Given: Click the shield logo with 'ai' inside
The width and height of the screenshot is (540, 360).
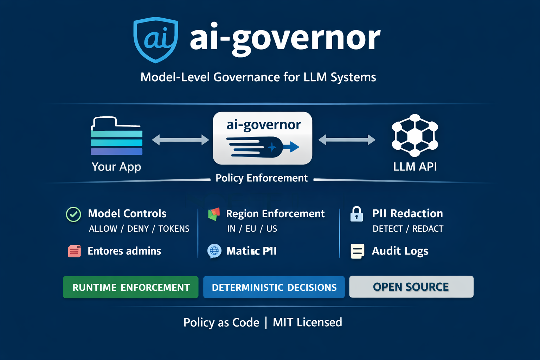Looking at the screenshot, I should click(156, 39).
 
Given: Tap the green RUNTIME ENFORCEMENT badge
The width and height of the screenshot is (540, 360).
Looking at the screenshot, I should click(131, 287).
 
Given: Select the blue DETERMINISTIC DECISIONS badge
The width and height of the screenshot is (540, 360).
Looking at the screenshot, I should click(274, 287).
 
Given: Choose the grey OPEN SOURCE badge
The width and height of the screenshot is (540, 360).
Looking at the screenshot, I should click(411, 287).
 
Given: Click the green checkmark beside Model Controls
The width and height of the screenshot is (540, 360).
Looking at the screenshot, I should click(73, 214).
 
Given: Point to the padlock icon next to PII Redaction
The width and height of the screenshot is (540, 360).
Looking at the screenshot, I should click(356, 214).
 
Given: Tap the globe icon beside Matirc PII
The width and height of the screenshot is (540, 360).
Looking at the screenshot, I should click(214, 251).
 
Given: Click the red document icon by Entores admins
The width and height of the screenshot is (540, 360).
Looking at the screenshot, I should click(75, 251).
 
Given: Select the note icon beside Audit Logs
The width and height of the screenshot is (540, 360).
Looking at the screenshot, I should click(357, 251).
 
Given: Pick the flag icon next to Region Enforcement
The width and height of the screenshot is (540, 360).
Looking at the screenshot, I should click(214, 214).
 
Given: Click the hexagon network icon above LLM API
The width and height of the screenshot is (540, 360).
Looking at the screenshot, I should click(415, 135).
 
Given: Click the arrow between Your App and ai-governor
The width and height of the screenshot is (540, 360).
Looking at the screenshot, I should click(180, 140).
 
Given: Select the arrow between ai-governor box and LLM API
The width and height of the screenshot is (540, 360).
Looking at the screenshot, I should click(347, 140).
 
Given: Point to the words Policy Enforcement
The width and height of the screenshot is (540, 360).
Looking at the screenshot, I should click(262, 178).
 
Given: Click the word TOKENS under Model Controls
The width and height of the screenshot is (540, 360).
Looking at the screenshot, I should click(174, 229).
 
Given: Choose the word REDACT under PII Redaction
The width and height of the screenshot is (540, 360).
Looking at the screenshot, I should click(428, 229).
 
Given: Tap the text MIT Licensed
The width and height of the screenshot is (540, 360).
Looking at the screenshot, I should click(307, 322).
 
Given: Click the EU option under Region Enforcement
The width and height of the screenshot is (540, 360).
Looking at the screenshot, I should click(251, 229).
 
